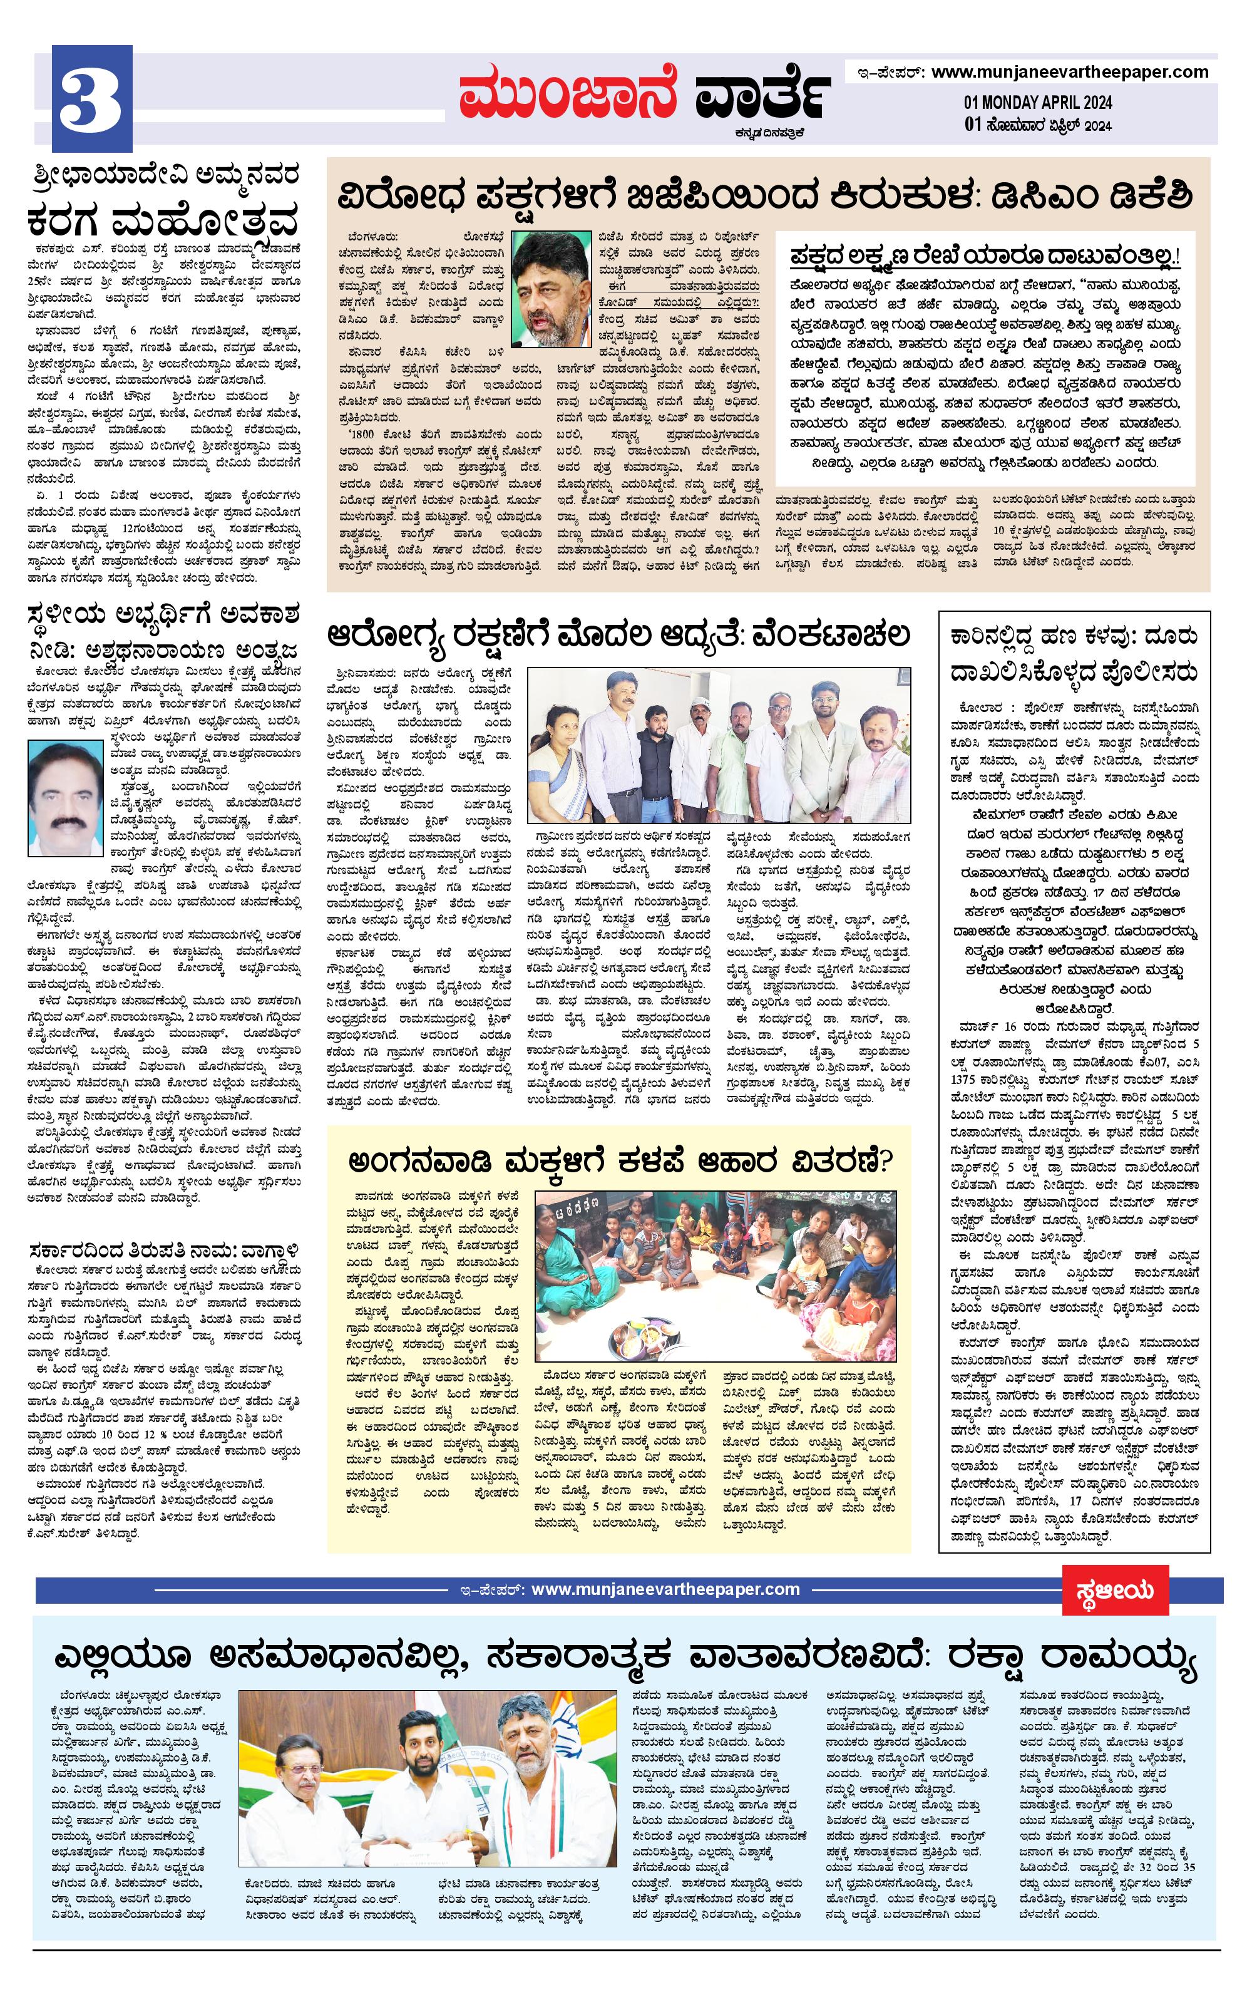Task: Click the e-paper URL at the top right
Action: pyautogui.click(x=1070, y=72)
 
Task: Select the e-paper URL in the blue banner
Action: pyautogui.click(x=665, y=1590)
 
